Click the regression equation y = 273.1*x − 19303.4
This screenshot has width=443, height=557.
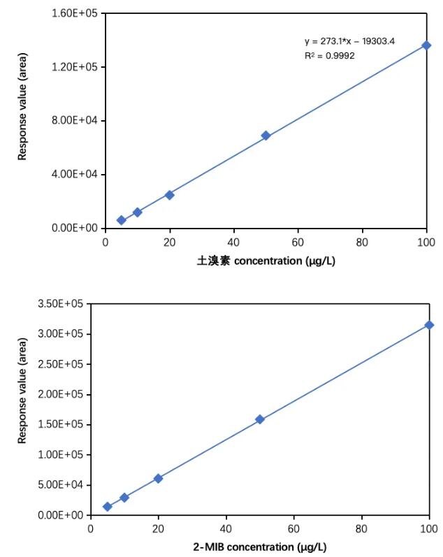click(349, 41)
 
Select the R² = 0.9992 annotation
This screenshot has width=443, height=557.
click(329, 55)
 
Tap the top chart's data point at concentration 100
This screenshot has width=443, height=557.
click(426, 45)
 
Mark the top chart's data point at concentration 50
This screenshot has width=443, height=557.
click(266, 136)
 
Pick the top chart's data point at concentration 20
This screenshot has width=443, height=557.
click(169, 195)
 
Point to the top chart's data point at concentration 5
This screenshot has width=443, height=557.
click(121, 220)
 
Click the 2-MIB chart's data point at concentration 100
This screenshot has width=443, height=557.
click(429, 325)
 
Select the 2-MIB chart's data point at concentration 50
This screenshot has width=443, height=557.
click(260, 419)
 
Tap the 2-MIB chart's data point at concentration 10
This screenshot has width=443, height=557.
click(124, 498)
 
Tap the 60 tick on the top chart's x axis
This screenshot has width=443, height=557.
click(298, 242)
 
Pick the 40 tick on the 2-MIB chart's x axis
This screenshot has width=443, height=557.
click(226, 528)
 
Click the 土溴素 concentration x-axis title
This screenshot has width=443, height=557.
click(262, 261)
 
